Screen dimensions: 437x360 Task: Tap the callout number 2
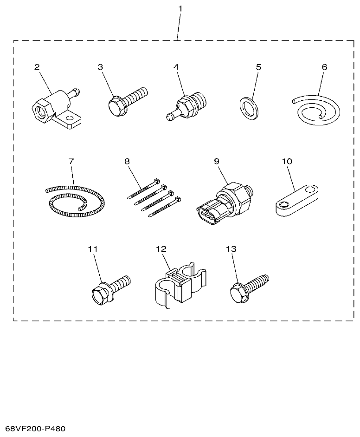point(37,66)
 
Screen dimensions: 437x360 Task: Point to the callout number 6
point(324,66)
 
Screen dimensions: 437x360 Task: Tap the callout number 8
point(127,161)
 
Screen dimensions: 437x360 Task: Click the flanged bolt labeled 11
point(109,289)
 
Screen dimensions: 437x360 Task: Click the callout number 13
point(231,249)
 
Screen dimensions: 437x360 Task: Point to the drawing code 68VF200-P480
point(35,428)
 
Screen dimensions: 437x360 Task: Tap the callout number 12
point(161,249)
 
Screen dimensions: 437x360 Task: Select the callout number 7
point(71,161)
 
